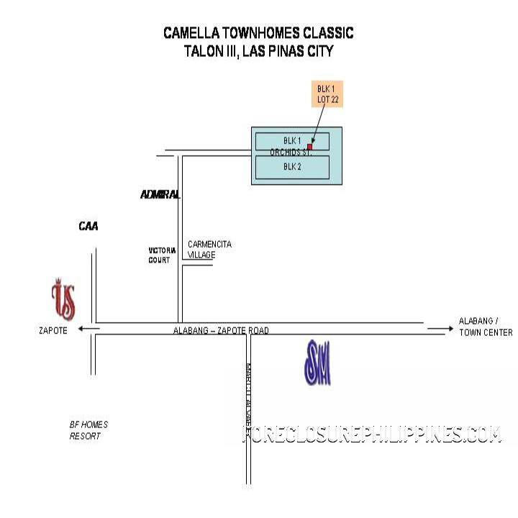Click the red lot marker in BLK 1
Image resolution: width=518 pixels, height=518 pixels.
309,147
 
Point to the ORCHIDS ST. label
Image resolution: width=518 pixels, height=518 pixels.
290,153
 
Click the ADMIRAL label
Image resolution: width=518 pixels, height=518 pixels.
159,195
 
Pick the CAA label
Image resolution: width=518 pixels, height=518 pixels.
88,227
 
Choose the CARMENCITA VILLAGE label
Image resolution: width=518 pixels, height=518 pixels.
209,249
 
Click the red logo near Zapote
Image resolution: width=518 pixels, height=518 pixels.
63,301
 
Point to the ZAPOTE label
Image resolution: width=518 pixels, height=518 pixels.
53,330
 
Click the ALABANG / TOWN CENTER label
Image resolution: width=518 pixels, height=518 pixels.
486,327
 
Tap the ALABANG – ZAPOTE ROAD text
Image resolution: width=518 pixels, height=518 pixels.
221,330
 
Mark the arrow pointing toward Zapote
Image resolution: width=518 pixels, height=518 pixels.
88,328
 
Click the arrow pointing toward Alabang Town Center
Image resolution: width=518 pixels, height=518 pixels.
437,328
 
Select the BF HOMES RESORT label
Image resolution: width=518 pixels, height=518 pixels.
88,430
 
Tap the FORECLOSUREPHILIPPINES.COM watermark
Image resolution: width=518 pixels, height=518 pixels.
371,435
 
